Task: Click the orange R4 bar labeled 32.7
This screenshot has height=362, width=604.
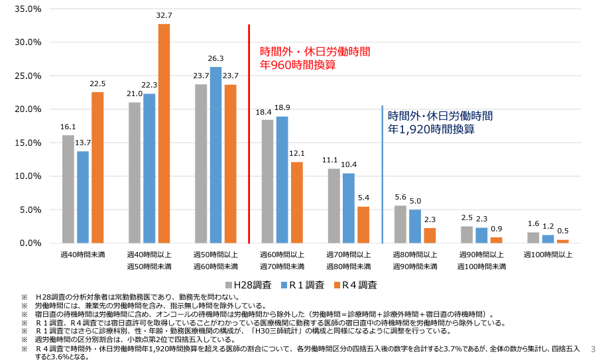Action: point(164,133)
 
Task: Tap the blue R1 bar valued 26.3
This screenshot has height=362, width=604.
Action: point(215,154)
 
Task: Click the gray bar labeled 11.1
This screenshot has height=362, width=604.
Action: point(333,206)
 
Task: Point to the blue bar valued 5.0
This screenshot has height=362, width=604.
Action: point(414,226)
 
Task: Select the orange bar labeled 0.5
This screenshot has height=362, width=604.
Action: point(562,241)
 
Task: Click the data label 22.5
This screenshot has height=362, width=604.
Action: point(97,84)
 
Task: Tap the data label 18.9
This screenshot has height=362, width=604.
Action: point(282,107)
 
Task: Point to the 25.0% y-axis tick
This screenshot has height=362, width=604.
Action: point(28,76)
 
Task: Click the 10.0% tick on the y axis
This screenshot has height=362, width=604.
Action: point(28,176)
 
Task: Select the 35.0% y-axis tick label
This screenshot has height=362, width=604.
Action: point(28,9)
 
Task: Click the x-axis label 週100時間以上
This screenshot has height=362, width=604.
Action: point(548,254)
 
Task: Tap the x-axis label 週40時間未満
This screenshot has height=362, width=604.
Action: point(83,254)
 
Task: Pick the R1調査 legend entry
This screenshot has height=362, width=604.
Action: point(301,285)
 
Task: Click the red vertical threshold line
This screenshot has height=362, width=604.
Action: point(249,133)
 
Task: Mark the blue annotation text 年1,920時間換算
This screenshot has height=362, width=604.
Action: point(431,129)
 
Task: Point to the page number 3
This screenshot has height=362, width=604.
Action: point(593,349)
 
